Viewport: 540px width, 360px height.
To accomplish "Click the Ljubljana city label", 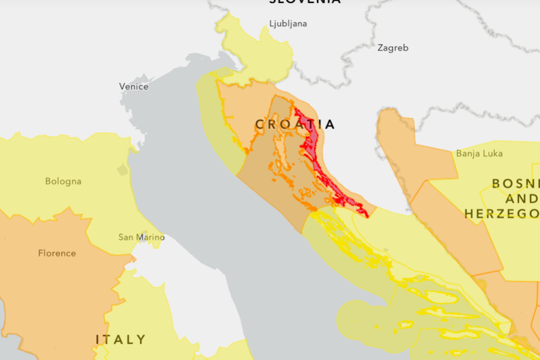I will coord(288,24).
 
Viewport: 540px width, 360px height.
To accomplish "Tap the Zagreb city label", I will coord(393,48).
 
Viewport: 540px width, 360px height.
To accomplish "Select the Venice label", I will coord(134,86).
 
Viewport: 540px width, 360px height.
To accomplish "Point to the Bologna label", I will coord(63,181).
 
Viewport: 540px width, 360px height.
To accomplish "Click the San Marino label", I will coord(142,237).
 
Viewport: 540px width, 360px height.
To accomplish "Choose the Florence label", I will coord(57,253).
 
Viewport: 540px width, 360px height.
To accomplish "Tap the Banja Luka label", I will coord(479,153).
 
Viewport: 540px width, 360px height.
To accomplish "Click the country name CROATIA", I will coord(295,124).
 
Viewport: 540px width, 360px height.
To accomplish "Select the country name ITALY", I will coord(121,340).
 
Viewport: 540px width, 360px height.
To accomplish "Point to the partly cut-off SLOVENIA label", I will coord(305,2).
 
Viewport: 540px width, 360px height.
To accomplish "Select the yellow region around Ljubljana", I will coord(259,57).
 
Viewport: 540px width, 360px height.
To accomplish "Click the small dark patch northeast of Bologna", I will coord(123,170).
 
